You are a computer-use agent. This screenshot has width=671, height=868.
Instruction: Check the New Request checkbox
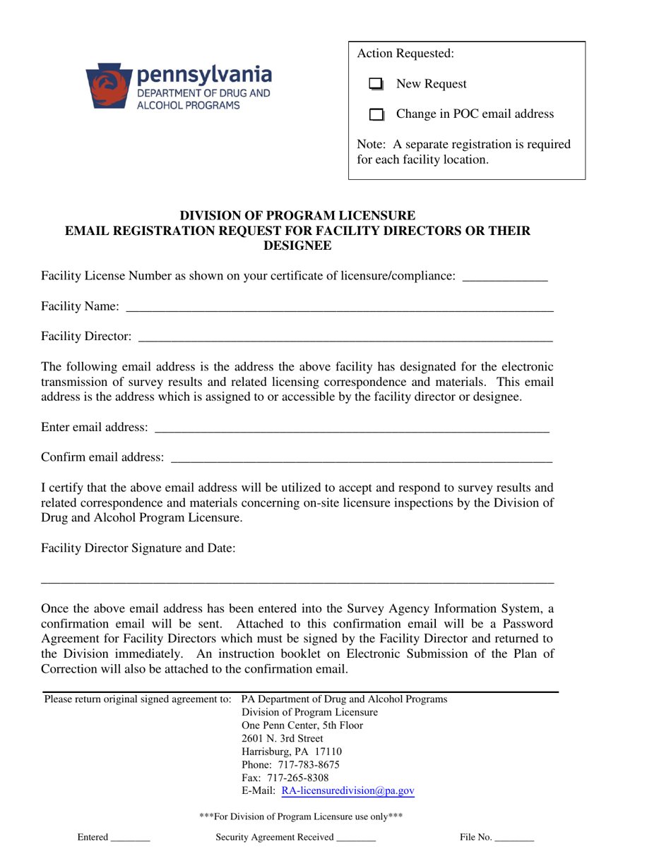pyautogui.click(x=376, y=85)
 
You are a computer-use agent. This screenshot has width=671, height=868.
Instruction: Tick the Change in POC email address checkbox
pyautogui.click(x=376, y=115)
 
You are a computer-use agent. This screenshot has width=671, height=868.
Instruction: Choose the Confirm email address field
pyautogui.click(x=361, y=458)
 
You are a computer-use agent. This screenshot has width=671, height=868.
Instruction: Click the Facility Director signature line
pyautogui.click(x=297, y=580)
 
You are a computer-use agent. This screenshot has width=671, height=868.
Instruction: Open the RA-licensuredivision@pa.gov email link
pyautogui.click(x=348, y=791)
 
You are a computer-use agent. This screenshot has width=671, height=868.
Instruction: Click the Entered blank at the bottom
pyautogui.click(x=130, y=839)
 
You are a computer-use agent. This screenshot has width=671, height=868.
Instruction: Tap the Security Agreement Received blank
pyautogui.click(x=356, y=839)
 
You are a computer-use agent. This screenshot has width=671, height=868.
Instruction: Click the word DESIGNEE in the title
pyautogui.click(x=297, y=246)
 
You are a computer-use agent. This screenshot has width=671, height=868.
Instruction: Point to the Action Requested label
pyautogui.click(x=406, y=54)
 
